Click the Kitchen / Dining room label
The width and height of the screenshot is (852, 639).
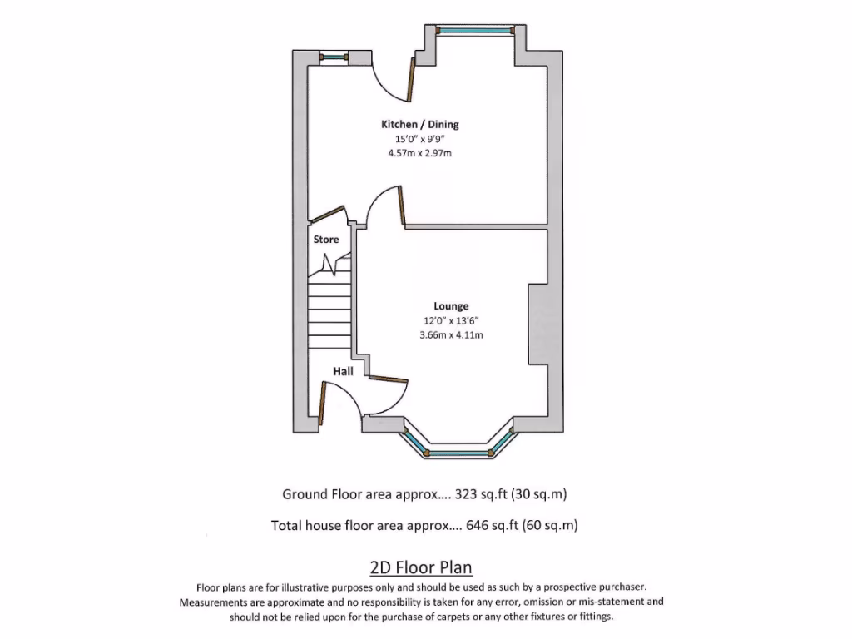pyautogui.click(x=419, y=124)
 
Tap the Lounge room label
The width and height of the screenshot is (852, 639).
pyautogui.click(x=451, y=306)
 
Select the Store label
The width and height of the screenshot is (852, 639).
pyautogui.click(x=326, y=240)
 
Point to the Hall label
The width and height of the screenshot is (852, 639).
pyautogui.click(x=344, y=371)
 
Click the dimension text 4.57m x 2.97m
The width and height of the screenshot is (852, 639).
pyautogui.click(x=419, y=154)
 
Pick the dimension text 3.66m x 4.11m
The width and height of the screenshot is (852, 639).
pyautogui.click(x=451, y=335)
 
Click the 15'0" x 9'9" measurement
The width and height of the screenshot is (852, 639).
pyautogui.click(x=419, y=139)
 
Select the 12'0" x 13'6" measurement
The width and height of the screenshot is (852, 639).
pyautogui.click(x=451, y=321)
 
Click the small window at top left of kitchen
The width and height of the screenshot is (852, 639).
pyautogui.click(x=334, y=57)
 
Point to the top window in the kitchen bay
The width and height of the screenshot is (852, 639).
pyautogui.click(x=475, y=31)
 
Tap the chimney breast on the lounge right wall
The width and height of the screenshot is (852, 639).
pyautogui.click(x=537, y=324)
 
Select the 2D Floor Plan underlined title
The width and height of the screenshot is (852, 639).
pyautogui.click(x=421, y=567)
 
